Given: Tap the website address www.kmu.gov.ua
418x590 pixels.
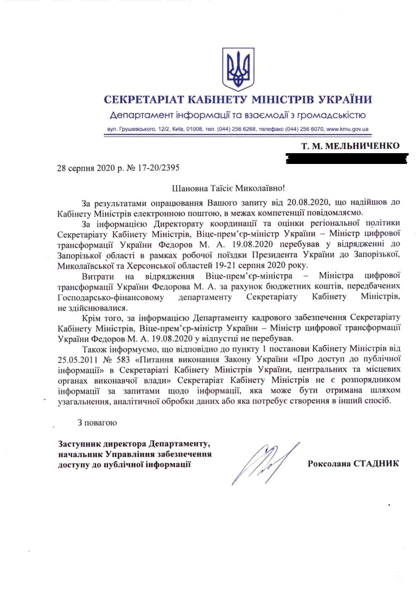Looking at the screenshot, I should coord(348,129).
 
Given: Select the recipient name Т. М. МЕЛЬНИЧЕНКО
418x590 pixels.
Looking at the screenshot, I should coord(350,147).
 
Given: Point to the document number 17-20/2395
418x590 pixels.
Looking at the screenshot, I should coord(160,168).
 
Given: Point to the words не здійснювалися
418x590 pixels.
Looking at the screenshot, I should coord(85,307).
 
